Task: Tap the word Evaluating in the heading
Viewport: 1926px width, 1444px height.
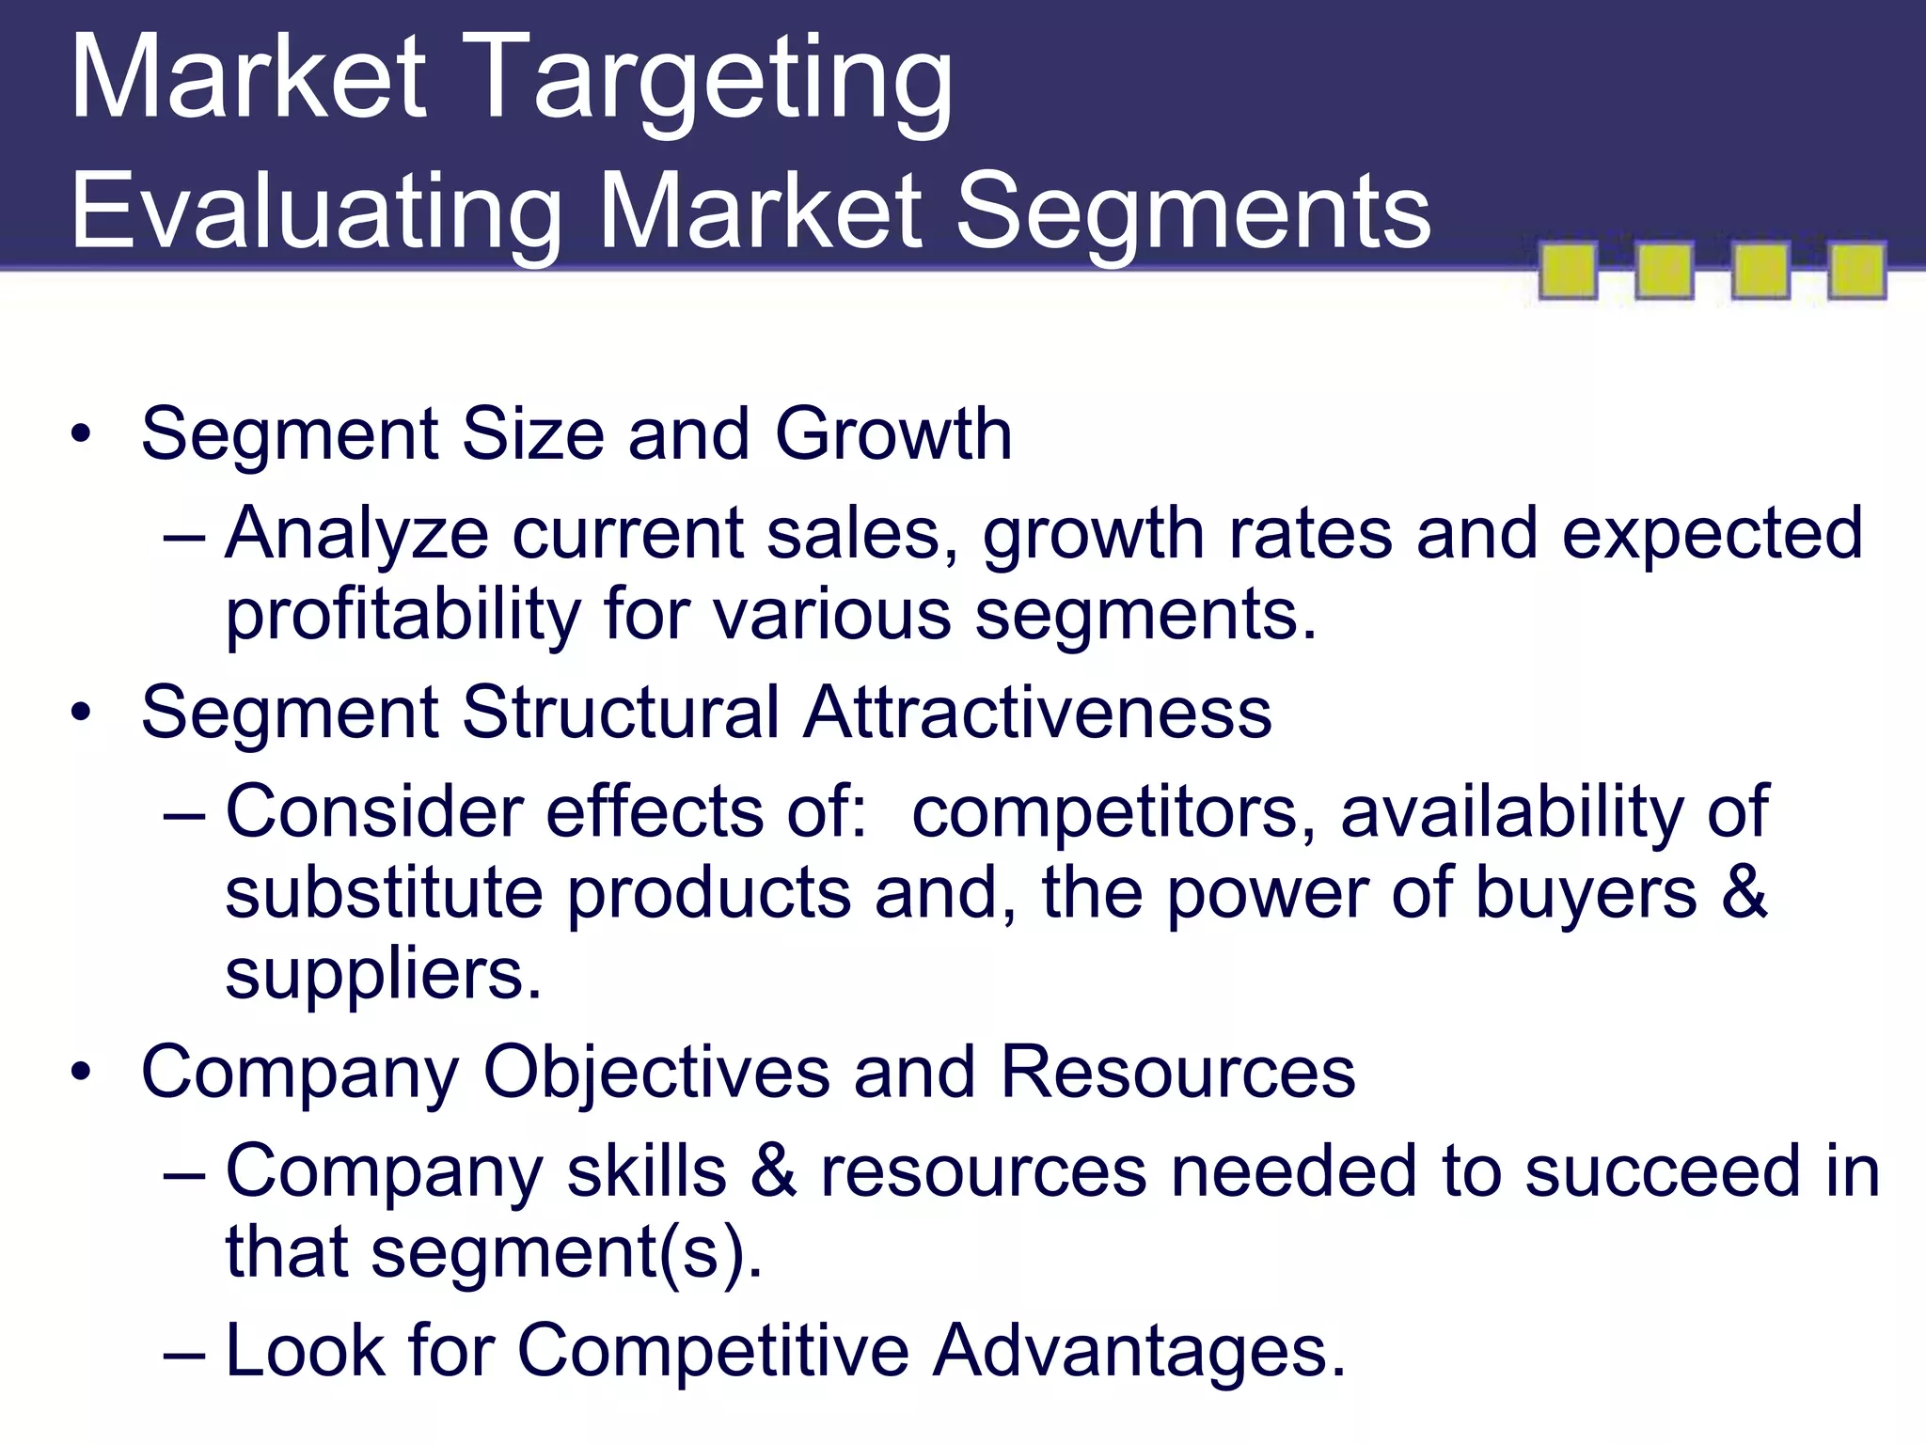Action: click(316, 214)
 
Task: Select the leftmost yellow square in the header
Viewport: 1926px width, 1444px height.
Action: click(1568, 271)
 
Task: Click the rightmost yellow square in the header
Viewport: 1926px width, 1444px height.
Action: click(1856, 271)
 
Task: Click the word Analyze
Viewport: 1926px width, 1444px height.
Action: click(357, 534)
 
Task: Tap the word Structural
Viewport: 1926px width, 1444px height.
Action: click(621, 712)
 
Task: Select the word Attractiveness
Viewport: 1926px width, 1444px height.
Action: click(1037, 712)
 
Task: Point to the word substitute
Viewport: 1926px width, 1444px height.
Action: click(385, 892)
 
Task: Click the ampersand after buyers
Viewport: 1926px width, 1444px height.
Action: click(1744, 892)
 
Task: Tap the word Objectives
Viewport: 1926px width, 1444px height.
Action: click(656, 1072)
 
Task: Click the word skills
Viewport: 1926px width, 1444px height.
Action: click(647, 1171)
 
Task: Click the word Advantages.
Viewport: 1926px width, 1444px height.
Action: click(1140, 1351)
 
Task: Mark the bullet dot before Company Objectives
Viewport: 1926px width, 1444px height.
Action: click(82, 1074)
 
